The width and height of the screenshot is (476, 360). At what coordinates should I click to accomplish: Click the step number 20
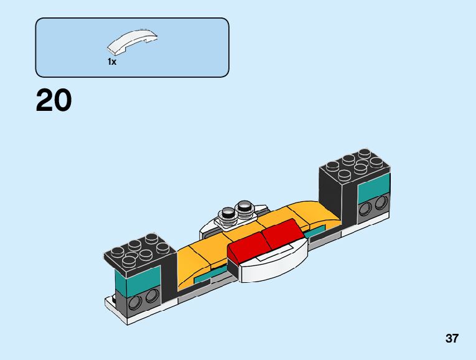pos(54,101)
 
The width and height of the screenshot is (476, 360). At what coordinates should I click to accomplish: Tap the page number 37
pos(452,339)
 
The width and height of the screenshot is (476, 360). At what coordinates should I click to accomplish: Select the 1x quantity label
pos(112,62)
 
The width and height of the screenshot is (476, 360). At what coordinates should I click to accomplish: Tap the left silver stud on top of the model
pos(228,213)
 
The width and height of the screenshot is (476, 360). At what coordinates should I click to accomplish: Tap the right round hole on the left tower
pos(150,298)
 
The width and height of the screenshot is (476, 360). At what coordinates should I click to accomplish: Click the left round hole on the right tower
pos(366,208)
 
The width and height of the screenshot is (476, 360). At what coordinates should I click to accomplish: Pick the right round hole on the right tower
pos(380,202)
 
